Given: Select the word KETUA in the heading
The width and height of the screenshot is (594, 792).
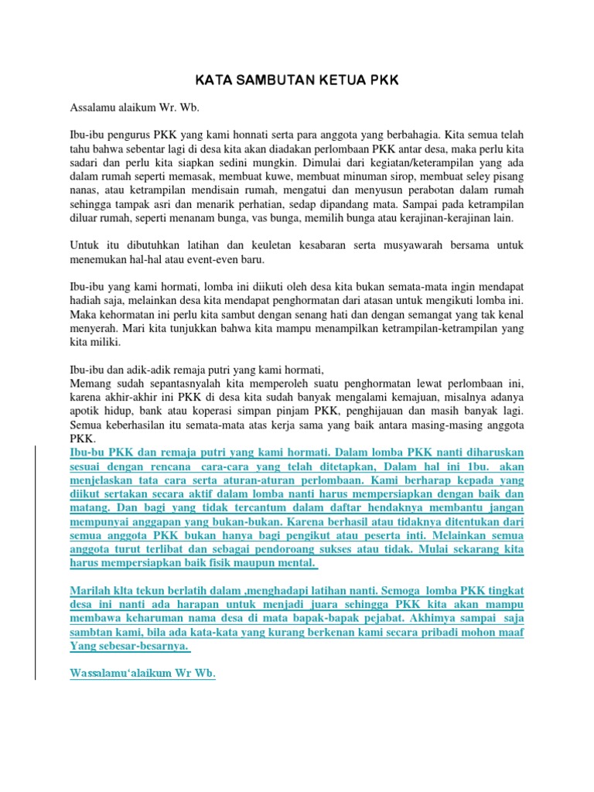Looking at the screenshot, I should tap(340, 81).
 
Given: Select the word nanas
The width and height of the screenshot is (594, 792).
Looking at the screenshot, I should tap(84, 189).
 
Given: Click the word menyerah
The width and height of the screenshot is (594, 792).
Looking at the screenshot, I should tap(93, 329).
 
